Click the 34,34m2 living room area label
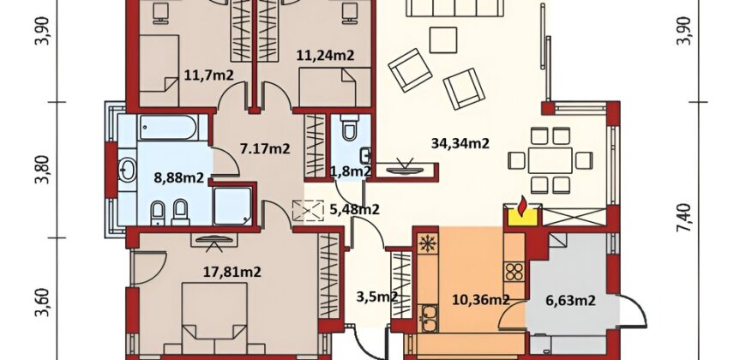pyautogui.click(x=460, y=142)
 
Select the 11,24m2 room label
pyautogui.click(x=326, y=56)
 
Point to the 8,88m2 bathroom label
pyautogui.click(x=179, y=177)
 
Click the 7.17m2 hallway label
pyautogui.click(x=265, y=148)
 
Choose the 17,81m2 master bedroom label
pyautogui.click(x=232, y=272)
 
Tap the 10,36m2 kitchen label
pyautogui.click(x=480, y=299)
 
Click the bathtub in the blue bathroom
pyautogui.click(x=167, y=128)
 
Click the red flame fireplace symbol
pyautogui.click(x=522, y=205)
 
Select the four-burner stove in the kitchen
pyautogui.click(x=514, y=272)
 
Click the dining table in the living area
pyautogui.click(x=550, y=160)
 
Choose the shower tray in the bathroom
pyautogui.click(x=232, y=206)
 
